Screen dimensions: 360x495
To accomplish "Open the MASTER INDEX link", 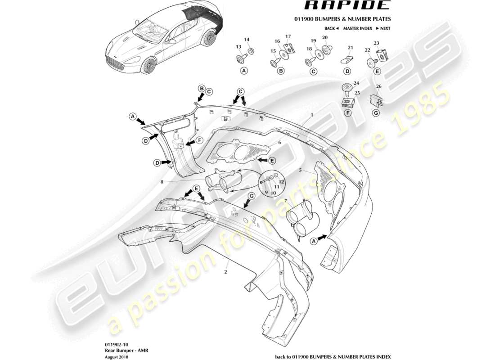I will click(357, 28).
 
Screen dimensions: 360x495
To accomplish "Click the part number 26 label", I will click(378, 86).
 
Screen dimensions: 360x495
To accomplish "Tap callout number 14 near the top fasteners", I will click(246, 39).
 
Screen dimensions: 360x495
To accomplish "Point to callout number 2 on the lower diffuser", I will click(226, 272).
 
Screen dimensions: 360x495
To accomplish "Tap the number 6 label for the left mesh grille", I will click(279, 142).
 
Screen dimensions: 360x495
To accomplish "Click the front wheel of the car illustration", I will click(148, 67).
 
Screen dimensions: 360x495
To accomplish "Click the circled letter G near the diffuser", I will click(252, 196).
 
